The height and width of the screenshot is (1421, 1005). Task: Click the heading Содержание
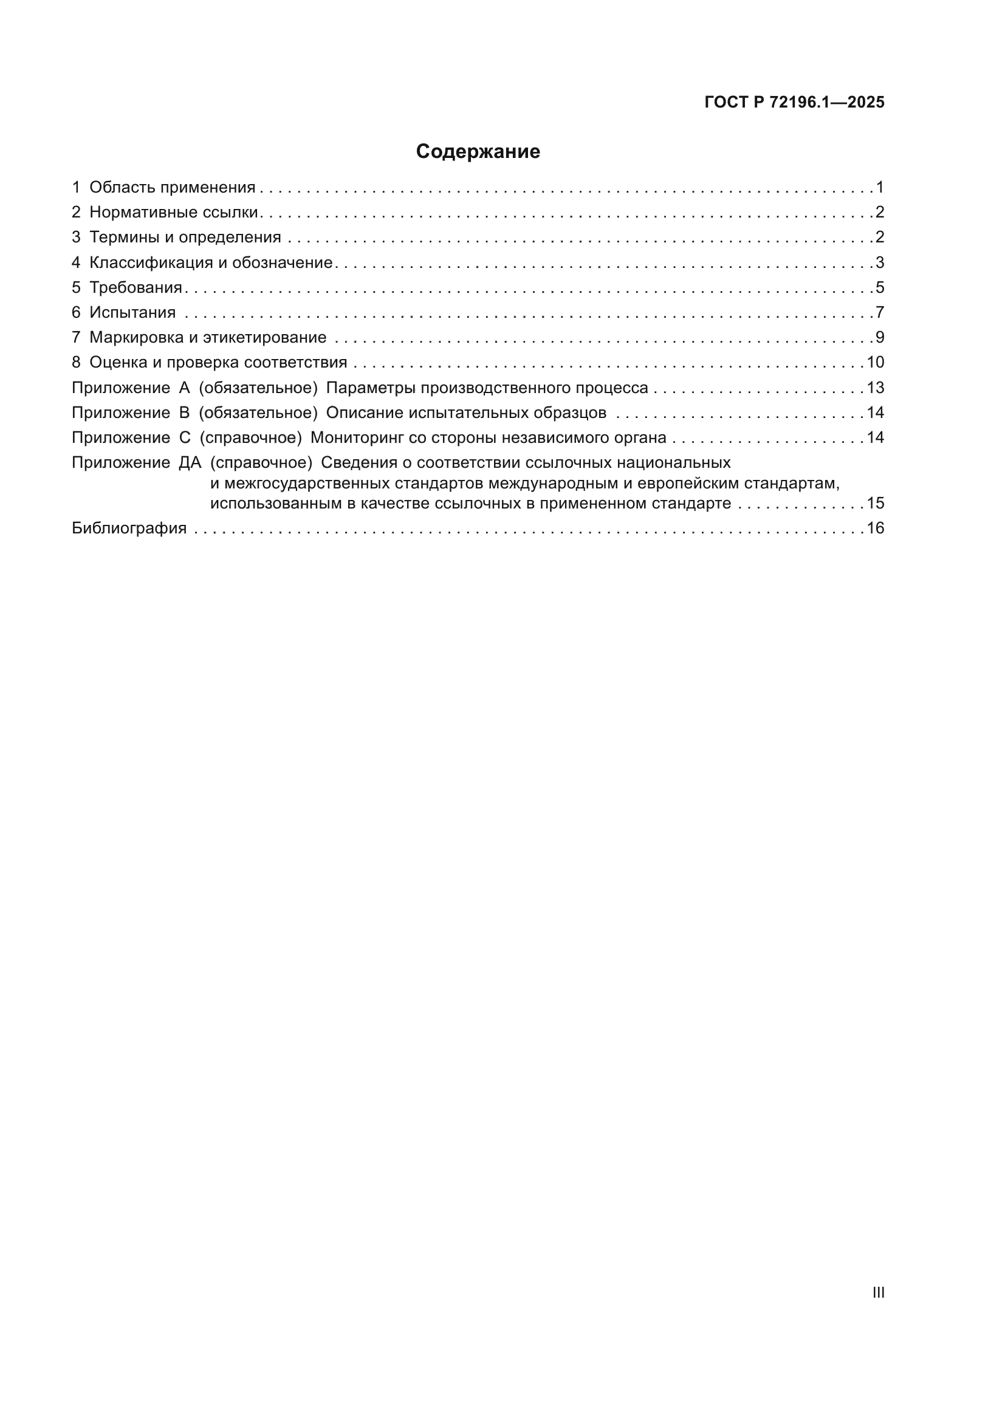click(x=478, y=152)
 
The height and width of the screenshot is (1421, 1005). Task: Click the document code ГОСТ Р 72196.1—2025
click(x=794, y=103)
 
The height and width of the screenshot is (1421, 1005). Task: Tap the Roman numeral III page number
click(x=878, y=1292)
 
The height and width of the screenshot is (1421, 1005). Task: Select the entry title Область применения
click(x=172, y=188)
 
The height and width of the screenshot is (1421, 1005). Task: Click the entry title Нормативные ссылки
click(x=173, y=212)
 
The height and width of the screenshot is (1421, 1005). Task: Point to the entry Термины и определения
click(x=185, y=237)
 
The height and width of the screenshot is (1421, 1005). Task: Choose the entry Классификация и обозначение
click(x=210, y=262)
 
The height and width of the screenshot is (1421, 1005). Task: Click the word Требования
click(x=135, y=287)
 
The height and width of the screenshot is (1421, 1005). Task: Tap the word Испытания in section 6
click(x=132, y=312)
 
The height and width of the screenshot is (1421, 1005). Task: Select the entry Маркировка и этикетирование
click(x=207, y=337)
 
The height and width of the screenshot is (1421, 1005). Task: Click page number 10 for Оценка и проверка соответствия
click(x=875, y=362)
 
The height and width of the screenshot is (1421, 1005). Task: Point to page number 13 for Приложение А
click(x=875, y=388)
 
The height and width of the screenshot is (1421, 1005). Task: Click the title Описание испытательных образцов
click(x=466, y=413)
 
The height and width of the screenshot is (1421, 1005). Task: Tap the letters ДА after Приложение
click(x=190, y=463)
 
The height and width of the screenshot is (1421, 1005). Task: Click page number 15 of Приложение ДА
click(x=875, y=503)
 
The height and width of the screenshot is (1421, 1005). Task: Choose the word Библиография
click(x=129, y=528)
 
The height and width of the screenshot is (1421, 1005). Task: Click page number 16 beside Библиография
click(x=875, y=528)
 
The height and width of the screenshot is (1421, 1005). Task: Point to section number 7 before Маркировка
click(x=76, y=337)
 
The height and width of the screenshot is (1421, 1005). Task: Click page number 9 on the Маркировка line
click(x=879, y=337)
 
